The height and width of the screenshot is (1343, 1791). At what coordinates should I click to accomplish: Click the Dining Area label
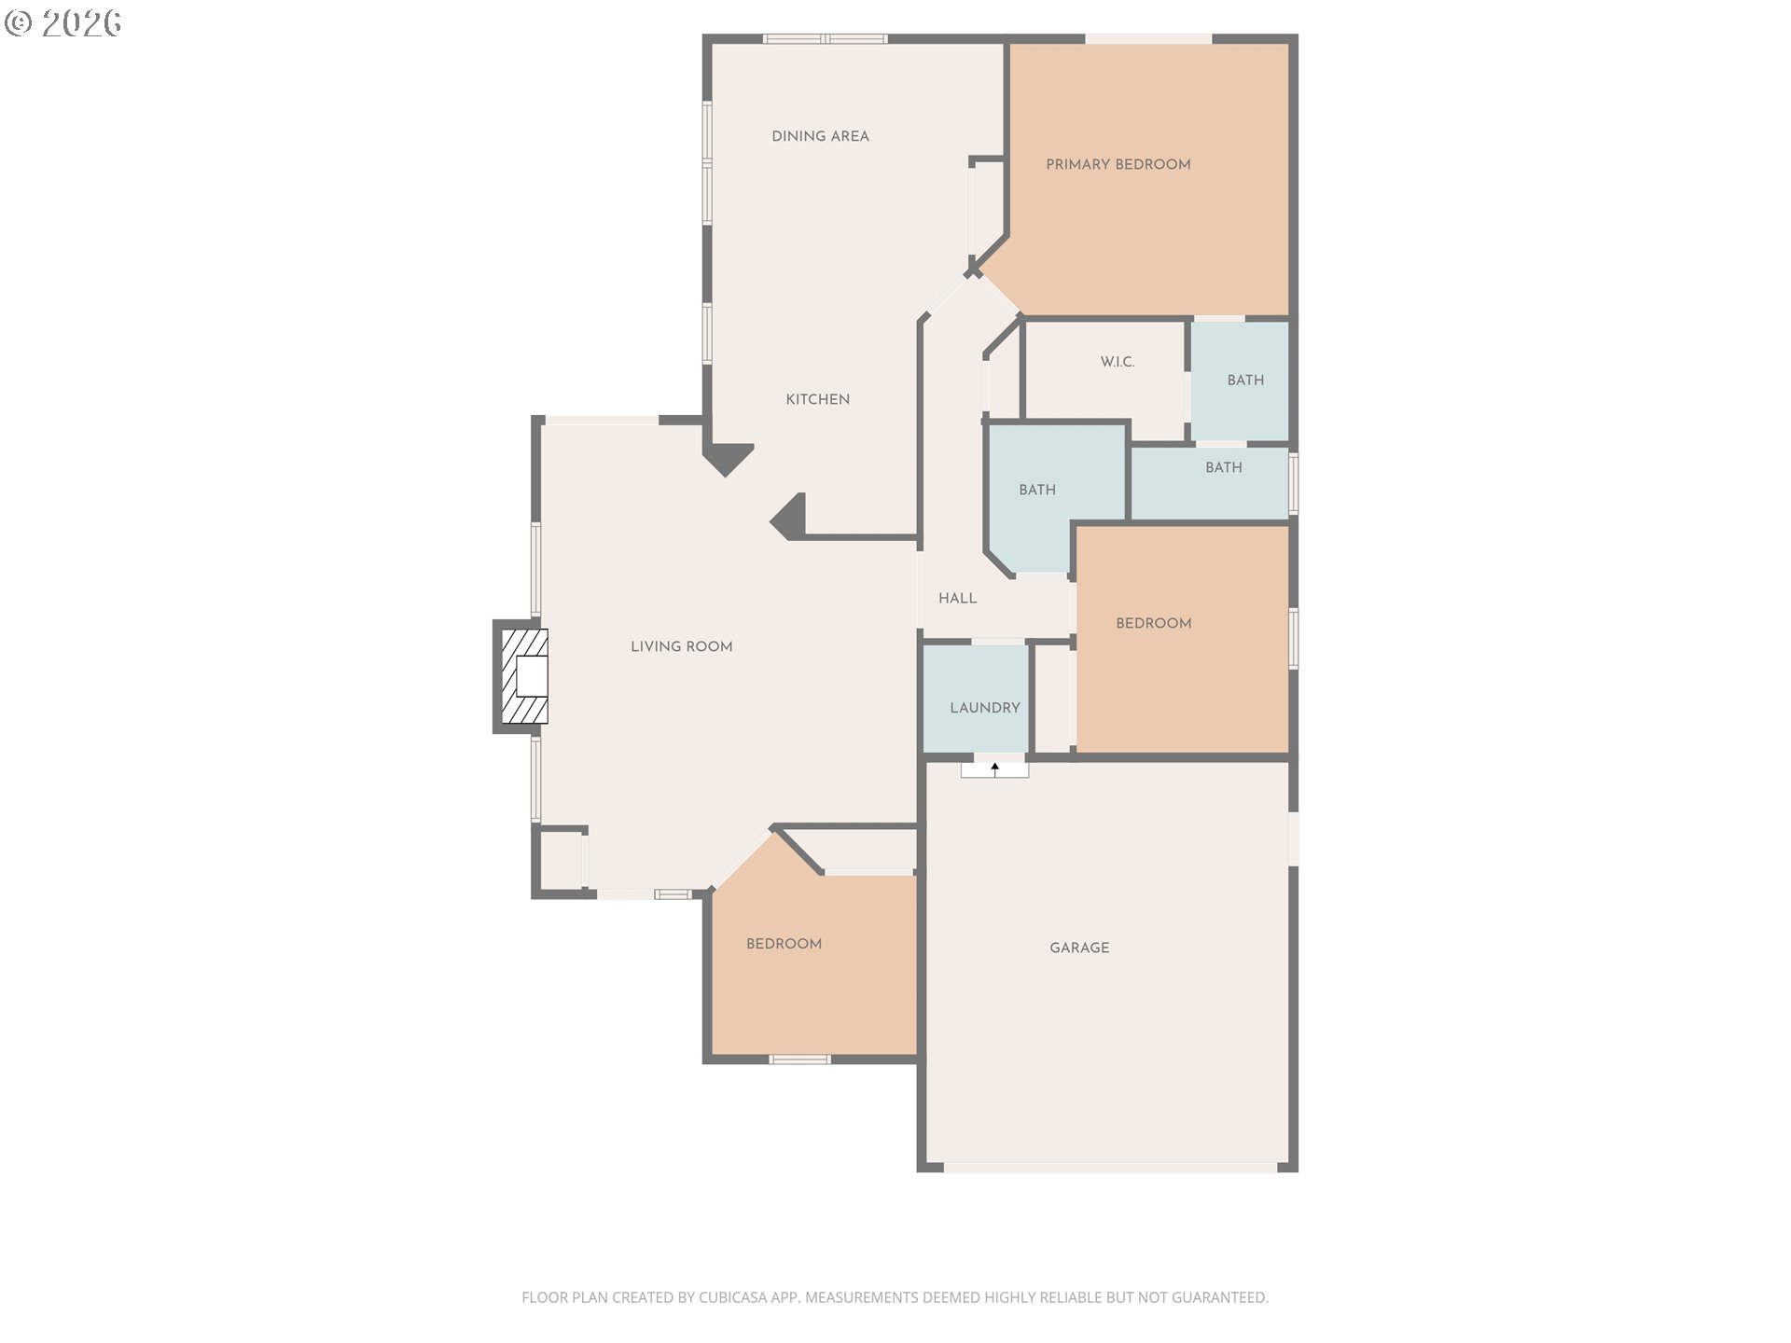pyautogui.click(x=820, y=136)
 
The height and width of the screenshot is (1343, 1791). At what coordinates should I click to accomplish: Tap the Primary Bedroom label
pyautogui.click(x=1118, y=164)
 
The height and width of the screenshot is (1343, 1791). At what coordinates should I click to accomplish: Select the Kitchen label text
pyautogui.click(x=817, y=399)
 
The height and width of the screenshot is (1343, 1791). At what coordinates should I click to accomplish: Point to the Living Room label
pyautogui.click(x=681, y=646)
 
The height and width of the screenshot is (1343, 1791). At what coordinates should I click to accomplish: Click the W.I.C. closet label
pyautogui.click(x=1118, y=362)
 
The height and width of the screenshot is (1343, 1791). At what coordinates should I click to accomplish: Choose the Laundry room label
pyautogui.click(x=984, y=708)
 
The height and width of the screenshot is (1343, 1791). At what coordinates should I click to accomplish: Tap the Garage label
pyautogui.click(x=1079, y=948)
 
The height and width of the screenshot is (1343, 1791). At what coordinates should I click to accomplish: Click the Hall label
pyautogui.click(x=957, y=599)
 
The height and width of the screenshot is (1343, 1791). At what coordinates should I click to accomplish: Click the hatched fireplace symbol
pyautogui.click(x=524, y=676)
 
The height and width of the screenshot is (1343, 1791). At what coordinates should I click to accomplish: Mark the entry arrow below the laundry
pyautogui.click(x=995, y=769)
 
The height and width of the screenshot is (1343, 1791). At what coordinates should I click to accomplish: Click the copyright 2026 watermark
pyautogui.click(x=62, y=22)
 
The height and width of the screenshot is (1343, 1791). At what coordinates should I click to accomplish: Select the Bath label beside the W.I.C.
pyautogui.click(x=1245, y=381)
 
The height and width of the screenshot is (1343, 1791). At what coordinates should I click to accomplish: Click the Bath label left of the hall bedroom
pyautogui.click(x=1037, y=490)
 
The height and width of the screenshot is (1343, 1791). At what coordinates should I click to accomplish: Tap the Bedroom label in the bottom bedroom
pyautogui.click(x=784, y=944)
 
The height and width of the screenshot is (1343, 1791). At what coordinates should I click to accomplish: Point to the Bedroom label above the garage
pyautogui.click(x=1153, y=623)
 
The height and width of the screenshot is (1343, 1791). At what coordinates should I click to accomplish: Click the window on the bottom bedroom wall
pyautogui.click(x=799, y=1059)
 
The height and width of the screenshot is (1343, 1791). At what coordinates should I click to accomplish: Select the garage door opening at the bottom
pyautogui.click(x=1110, y=1167)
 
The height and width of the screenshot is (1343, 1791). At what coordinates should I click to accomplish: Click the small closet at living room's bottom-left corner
pyautogui.click(x=561, y=859)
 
